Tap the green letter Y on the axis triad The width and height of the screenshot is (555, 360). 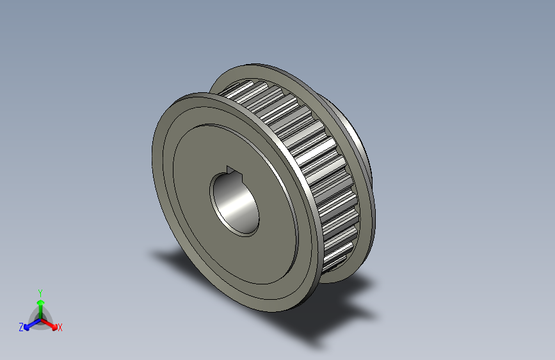[x=40, y=292]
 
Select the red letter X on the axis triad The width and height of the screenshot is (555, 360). [x=60, y=328]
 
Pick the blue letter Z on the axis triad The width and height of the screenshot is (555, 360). [x=21, y=327]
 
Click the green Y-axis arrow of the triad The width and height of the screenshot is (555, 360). [x=40, y=306]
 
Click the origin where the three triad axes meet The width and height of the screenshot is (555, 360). [x=40, y=318]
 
